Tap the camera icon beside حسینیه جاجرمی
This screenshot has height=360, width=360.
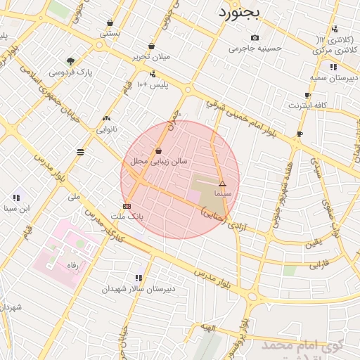[255, 38]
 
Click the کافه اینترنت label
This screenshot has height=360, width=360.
[308, 105]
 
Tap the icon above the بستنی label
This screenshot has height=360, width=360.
[110, 22]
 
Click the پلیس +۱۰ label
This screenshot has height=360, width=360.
[153, 84]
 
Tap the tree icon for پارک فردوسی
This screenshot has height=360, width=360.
[70, 60]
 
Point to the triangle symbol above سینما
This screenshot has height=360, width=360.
[223, 183]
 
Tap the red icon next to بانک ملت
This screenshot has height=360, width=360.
[126, 206]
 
